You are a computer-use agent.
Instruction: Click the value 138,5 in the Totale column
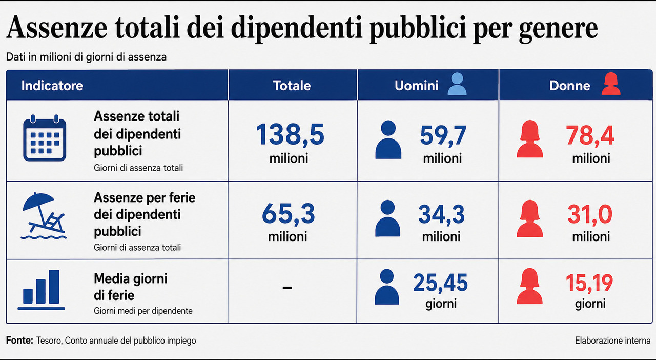click(290, 134)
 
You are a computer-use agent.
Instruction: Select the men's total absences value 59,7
click(443, 135)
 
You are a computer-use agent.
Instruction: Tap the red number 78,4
click(590, 135)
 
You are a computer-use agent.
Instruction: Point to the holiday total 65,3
click(289, 214)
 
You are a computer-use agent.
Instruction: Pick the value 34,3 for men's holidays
click(441, 214)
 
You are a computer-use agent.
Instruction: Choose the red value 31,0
click(590, 214)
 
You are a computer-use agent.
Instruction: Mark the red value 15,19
click(589, 283)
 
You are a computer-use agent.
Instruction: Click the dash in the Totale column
click(288, 288)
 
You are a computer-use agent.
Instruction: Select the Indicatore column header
click(52, 86)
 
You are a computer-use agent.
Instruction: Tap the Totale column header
click(292, 86)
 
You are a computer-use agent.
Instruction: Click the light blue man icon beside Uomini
click(457, 84)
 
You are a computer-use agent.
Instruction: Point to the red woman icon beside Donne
click(611, 84)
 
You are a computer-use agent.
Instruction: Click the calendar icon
click(45, 138)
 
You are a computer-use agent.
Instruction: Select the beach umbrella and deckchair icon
click(44, 216)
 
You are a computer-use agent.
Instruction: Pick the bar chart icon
click(42, 290)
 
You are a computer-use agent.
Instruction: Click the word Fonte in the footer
click(19, 341)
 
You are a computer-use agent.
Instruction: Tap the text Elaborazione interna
click(612, 341)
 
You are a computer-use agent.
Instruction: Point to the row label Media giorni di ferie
click(131, 287)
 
